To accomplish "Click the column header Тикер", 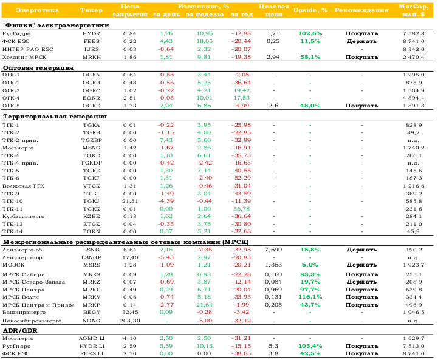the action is [91, 10].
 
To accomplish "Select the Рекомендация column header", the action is [361, 10].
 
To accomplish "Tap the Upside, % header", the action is [310, 10].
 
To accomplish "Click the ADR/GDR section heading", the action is [20, 331].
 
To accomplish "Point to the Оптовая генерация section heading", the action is [38, 68].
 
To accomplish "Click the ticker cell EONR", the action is [91, 98].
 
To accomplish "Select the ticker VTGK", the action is [91, 186].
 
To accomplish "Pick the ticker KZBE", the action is [91, 216].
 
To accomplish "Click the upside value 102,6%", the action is [310, 33].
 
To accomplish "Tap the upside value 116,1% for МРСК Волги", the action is [310, 297].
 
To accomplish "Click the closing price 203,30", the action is [130, 321].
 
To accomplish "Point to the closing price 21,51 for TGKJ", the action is [130, 201].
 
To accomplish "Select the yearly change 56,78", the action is [242, 209].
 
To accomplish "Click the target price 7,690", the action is [273, 250].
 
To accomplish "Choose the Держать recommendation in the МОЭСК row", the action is [361, 265].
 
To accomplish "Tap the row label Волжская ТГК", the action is [23, 186].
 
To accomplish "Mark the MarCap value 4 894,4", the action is [414, 98].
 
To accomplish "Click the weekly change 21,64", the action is [204, 305].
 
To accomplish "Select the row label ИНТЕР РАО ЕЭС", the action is [28, 49].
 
